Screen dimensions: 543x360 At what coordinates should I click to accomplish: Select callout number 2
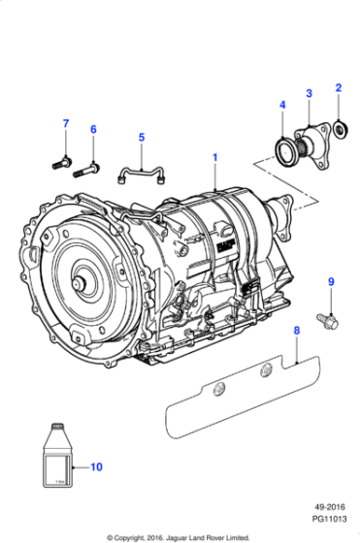tap(339, 88)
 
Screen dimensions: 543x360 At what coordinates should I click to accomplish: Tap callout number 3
tap(309, 93)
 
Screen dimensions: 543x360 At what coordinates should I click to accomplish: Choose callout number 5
tap(141, 137)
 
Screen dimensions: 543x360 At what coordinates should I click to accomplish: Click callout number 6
tap(93, 129)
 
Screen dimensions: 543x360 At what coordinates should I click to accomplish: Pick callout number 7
tap(66, 123)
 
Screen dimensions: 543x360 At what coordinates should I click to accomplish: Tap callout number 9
tap(330, 281)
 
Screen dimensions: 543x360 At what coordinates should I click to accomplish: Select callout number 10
tap(96, 466)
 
